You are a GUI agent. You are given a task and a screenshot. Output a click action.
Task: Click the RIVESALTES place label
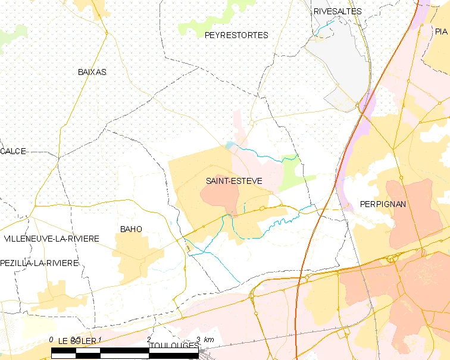[x=337, y=11]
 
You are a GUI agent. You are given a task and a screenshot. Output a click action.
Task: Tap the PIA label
[x=440, y=32]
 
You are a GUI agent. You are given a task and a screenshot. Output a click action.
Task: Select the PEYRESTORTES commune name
[x=236, y=35]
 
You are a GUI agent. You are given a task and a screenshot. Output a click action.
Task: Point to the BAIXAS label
[x=92, y=72]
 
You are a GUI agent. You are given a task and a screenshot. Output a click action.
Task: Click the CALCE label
[x=13, y=151]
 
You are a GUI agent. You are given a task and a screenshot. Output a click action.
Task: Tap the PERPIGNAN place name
[x=383, y=204]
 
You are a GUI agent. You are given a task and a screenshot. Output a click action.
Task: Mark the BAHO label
[x=131, y=228]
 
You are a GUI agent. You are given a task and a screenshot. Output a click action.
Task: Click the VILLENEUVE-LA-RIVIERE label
[x=52, y=239]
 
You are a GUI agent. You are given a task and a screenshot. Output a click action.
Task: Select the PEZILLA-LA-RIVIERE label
[x=40, y=263]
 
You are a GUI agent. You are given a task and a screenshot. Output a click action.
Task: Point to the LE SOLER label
[x=77, y=340]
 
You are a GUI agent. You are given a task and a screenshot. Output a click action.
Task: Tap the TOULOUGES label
[x=174, y=346]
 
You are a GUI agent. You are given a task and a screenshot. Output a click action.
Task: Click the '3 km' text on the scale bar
[x=208, y=339]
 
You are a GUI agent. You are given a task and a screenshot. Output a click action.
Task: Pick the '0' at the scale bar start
[x=52, y=339]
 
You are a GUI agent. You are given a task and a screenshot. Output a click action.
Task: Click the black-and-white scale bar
[x=125, y=353]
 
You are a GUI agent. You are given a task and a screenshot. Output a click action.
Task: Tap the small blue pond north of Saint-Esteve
[x=230, y=145]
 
